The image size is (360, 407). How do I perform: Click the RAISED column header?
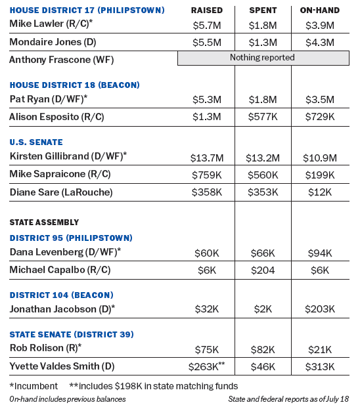(207, 10)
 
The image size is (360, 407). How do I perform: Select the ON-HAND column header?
(320, 10)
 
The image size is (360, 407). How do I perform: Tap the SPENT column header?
(263, 10)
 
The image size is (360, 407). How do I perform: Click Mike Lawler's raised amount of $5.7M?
(207, 26)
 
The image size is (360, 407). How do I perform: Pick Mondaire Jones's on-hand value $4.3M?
(320, 42)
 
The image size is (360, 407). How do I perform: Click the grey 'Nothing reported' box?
(263, 58)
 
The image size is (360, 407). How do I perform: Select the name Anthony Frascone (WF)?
(62, 60)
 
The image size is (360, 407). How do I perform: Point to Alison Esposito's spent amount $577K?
(263, 117)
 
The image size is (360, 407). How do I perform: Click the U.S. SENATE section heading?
(36, 142)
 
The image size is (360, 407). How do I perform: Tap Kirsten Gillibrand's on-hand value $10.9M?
(320, 158)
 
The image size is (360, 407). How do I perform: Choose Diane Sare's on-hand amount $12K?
(320, 192)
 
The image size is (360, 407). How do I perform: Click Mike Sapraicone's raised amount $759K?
(207, 175)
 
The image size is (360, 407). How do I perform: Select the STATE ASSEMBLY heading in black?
(44, 223)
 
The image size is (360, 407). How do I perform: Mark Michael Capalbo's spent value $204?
(263, 270)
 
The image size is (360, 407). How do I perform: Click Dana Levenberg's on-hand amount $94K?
(320, 253)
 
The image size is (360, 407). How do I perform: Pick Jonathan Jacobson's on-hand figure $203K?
(320, 309)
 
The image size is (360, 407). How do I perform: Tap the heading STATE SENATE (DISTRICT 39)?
(72, 334)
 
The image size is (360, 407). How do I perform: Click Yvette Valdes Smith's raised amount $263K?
(204, 367)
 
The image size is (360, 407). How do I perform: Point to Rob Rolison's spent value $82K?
(263, 350)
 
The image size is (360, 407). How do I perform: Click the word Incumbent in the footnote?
(36, 386)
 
